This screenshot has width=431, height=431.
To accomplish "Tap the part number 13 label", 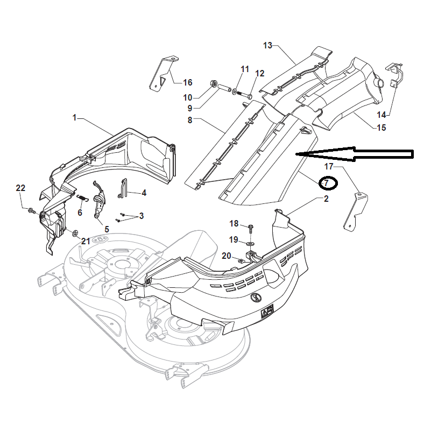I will point(268,46).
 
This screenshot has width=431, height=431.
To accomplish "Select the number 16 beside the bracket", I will point(187,83).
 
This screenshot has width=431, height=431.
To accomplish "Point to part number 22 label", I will point(20,188).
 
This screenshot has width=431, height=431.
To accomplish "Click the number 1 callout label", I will point(75,117).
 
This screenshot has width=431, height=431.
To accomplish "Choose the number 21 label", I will point(86,241).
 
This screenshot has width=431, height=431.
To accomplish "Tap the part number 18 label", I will point(234,223).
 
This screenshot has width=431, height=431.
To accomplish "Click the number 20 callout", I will point(226,256).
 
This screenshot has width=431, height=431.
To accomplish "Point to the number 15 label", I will point(381,128).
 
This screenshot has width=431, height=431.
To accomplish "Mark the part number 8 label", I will point(190,120).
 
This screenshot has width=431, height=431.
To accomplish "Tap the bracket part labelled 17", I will point(355,210).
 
